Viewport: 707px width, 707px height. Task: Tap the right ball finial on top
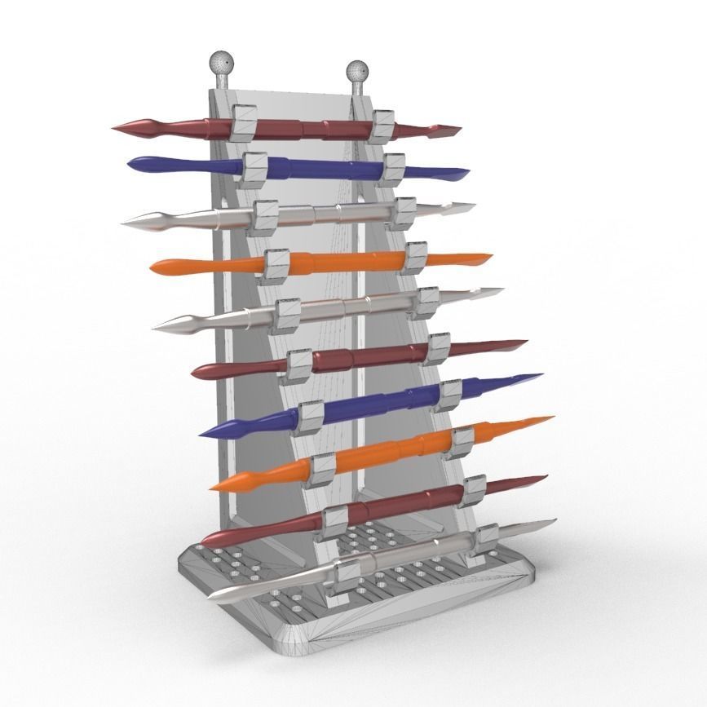(x=357, y=72)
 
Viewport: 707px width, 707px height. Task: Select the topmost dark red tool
(x=310, y=128)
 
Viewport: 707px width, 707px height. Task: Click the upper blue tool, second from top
(x=318, y=167)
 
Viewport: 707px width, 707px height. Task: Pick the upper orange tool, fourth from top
(x=342, y=263)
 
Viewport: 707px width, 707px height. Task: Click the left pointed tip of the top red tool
(x=117, y=128)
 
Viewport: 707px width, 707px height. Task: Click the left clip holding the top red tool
(x=242, y=122)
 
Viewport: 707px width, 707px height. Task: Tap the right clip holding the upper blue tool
(x=395, y=167)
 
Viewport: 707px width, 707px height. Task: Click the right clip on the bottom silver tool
(x=487, y=537)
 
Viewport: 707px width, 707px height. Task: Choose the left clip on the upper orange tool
(x=276, y=266)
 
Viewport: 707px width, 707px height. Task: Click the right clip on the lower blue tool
(x=451, y=395)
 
